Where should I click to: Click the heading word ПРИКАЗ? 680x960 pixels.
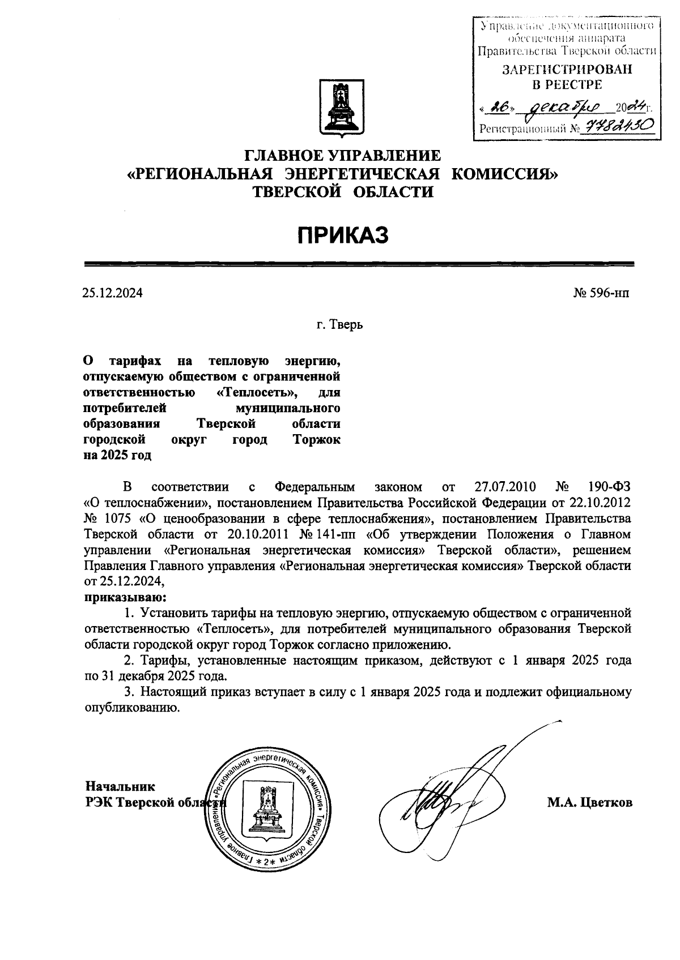[x=343, y=235]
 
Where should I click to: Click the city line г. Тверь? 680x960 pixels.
[x=339, y=325]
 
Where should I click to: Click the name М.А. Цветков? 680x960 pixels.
[x=589, y=803]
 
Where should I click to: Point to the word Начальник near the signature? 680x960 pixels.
[x=120, y=786]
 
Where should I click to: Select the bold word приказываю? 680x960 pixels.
[x=125, y=597]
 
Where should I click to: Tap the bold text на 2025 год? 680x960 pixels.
[x=117, y=456]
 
